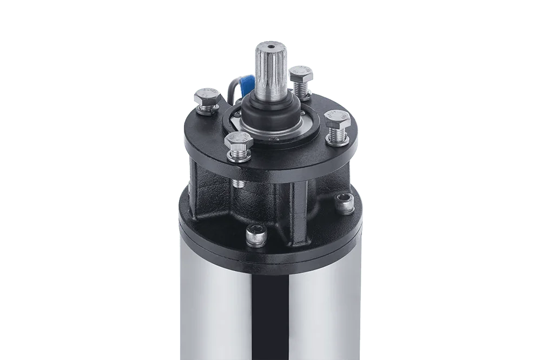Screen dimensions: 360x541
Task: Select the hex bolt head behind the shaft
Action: pyautogui.click(x=300, y=72)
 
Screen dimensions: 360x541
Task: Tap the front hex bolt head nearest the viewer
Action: pyautogui.click(x=238, y=142)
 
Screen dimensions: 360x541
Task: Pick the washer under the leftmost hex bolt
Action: pyautogui.click(x=206, y=112)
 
